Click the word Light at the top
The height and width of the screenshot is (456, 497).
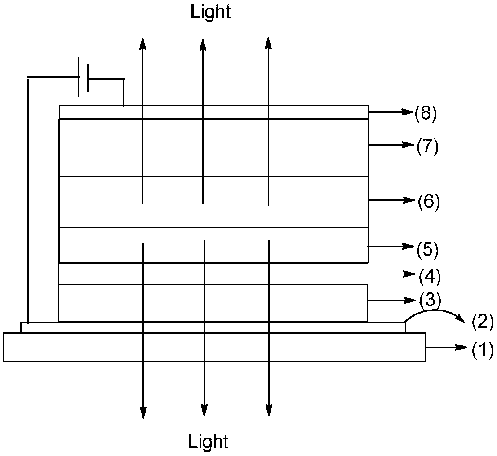pyautogui.click(x=210, y=12)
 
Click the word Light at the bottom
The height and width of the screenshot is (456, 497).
pyautogui.click(x=209, y=441)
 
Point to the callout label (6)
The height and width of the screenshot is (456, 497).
pyautogui.click(x=428, y=201)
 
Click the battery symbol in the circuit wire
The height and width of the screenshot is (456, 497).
pyautogui.click(x=83, y=77)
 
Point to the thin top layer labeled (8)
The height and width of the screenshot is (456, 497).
pyautogui.click(x=214, y=112)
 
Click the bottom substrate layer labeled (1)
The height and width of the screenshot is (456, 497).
pyautogui.click(x=214, y=347)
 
